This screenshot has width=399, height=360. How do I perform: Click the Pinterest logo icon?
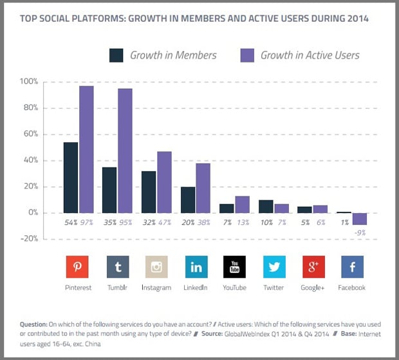pos(77,267)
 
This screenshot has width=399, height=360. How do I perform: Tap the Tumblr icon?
pos(116,267)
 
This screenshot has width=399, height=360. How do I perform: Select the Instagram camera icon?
pos(155,267)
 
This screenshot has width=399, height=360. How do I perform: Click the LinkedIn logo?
pos(195,267)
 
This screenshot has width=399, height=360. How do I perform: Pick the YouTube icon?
pos(234,267)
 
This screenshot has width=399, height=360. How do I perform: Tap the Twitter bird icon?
pos(274,267)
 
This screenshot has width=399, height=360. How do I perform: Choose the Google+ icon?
pos(313,267)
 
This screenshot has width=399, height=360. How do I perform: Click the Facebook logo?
pos(352,267)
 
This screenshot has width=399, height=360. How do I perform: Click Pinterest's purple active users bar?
pos(86,149)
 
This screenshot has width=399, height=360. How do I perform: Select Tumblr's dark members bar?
pos(110,190)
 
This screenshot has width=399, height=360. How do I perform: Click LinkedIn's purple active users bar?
pos(203,187)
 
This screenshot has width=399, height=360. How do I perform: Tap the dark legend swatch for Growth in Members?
pos(117,55)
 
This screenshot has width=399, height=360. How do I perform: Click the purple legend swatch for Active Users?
pos(247,55)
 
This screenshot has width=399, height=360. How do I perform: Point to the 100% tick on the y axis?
pos(30,82)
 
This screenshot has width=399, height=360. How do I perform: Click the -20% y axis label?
pos(29,239)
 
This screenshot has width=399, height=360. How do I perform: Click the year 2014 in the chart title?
pos(355,17)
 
